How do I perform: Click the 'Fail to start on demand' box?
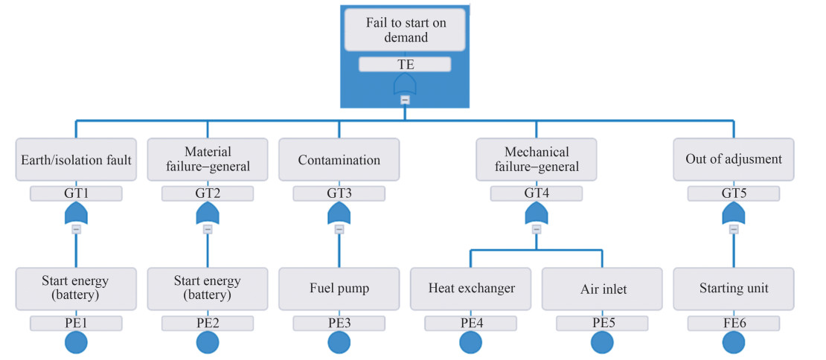point(405,30)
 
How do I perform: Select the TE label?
point(405,65)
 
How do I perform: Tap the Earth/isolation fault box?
point(76,160)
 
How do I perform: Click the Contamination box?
point(339,160)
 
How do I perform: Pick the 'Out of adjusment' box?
point(734,160)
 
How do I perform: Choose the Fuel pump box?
point(339,289)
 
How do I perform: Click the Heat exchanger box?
point(471,289)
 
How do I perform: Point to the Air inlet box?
point(602,289)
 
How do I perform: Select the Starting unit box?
point(734,289)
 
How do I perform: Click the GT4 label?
point(536,194)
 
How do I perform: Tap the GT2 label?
point(208,194)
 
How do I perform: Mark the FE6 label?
point(734,324)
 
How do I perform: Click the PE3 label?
point(339,324)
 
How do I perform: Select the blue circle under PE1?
point(76,343)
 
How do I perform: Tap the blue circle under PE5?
point(602,343)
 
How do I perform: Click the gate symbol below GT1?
point(76,214)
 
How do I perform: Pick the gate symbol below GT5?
point(734,214)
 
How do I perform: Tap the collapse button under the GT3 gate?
point(339,230)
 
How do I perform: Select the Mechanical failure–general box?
point(536,160)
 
